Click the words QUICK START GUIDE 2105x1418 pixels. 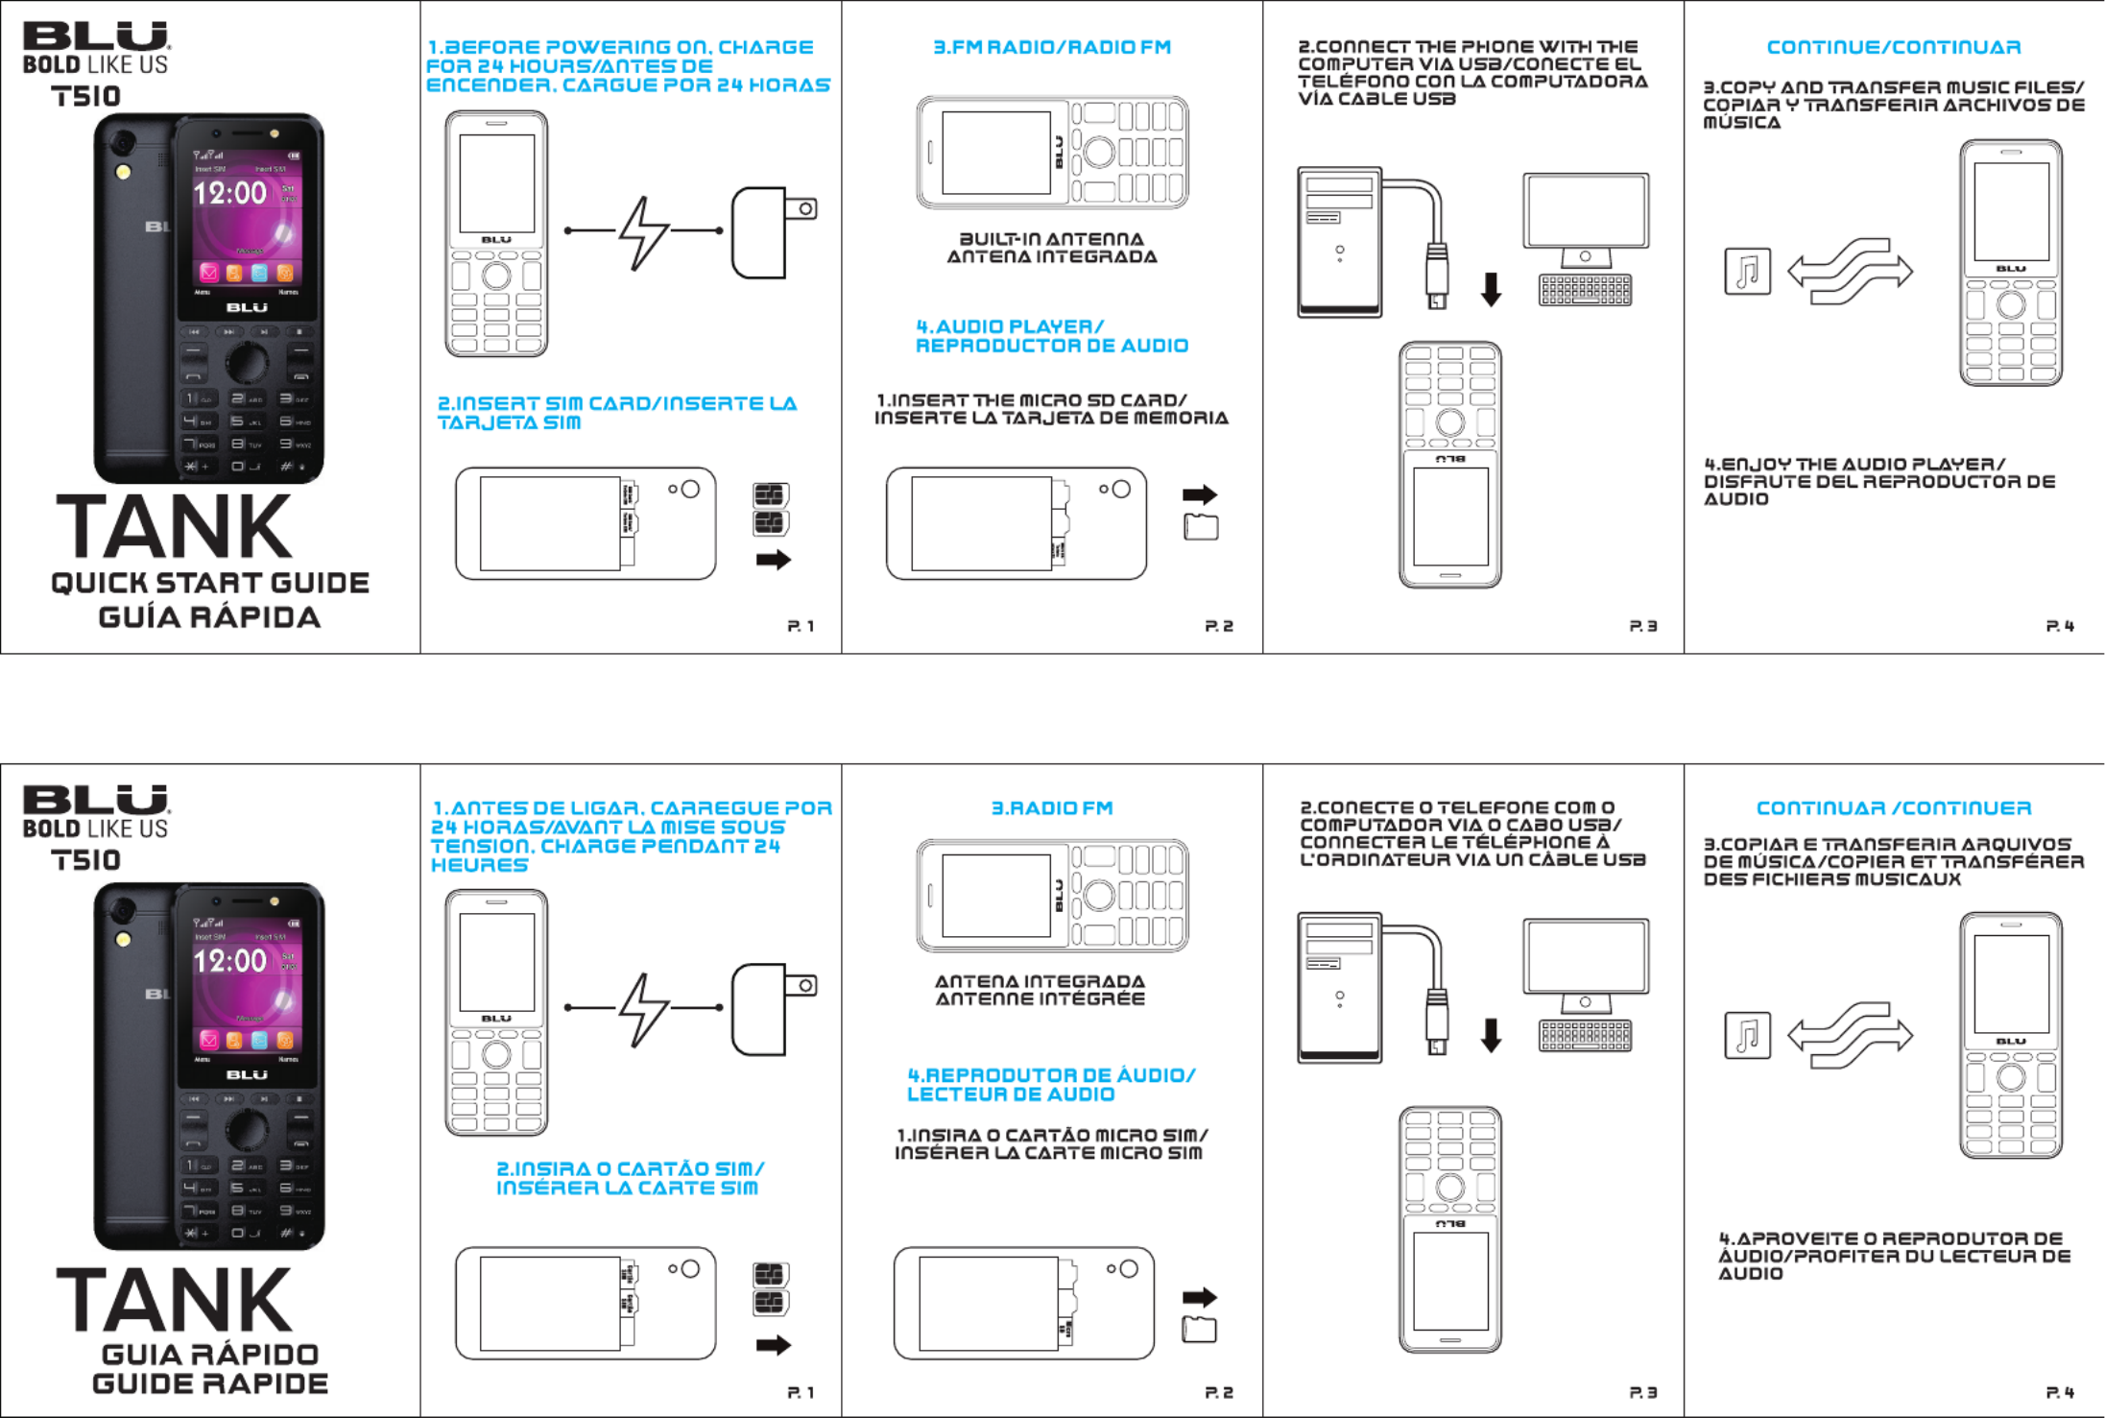coord(210,583)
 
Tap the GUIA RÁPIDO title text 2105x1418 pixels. coord(210,1354)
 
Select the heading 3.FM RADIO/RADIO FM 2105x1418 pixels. coord(1052,47)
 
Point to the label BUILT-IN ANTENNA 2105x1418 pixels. coord(1052,239)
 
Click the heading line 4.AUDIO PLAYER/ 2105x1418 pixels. coord(1010,326)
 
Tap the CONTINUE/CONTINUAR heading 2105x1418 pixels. coord(1894,47)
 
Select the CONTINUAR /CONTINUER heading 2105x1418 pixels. coord(1894,808)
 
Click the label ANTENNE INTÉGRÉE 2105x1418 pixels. coord(1041,999)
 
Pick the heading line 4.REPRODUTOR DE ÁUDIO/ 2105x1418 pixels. coord(1051,1075)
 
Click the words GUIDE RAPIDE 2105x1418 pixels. coord(210,1384)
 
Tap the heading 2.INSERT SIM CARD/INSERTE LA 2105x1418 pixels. coord(617,403)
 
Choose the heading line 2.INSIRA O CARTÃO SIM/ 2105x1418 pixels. coord(630,1168)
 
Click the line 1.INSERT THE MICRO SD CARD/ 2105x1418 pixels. coord(1032,400)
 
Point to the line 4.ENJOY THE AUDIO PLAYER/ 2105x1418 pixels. coord(1854,465)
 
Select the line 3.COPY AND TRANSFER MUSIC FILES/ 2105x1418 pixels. coord(1894,87)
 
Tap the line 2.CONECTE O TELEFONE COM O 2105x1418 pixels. coord(1457,807)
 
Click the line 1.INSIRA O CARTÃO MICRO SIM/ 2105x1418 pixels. coord(1052,1136)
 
